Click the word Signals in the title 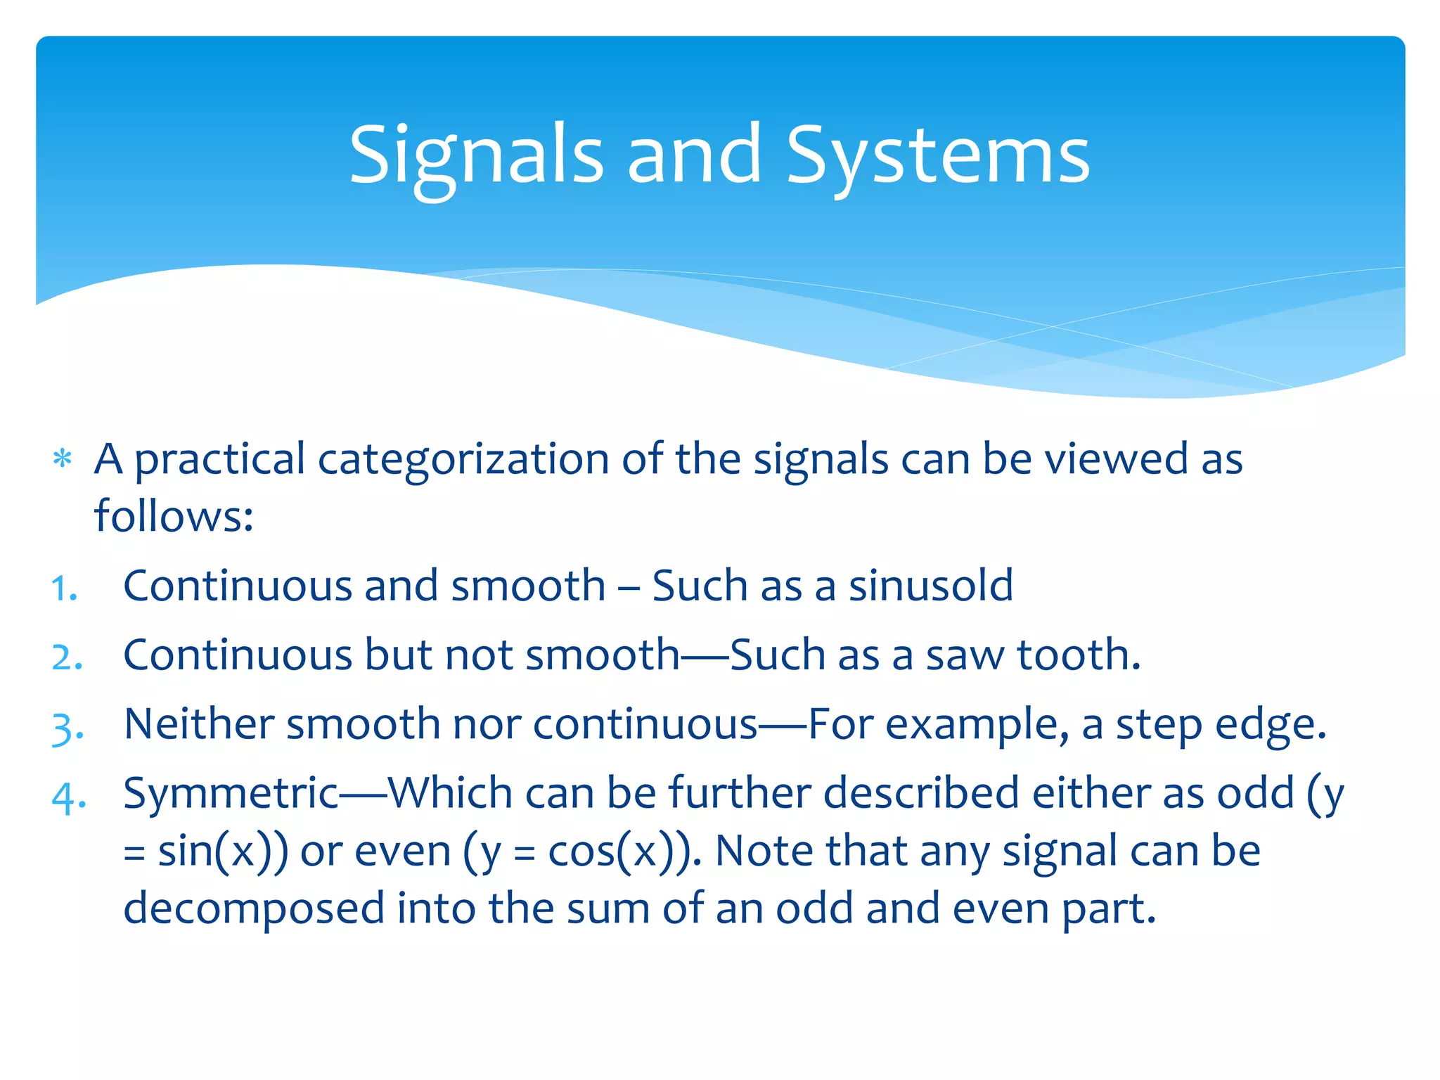point(476,155)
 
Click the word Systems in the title point(937,155)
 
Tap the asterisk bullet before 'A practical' point(63,459)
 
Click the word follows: point(174,516)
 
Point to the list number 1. point(64,588)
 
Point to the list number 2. point(67,657)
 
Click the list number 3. point(67,727)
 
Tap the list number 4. point(69,797)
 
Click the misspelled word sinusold point(930,586)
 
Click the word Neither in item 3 point(199,724)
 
